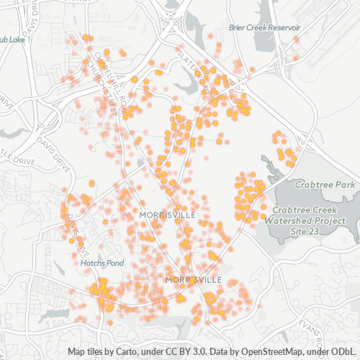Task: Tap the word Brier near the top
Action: (238, 27)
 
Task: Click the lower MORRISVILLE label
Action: (194, 279)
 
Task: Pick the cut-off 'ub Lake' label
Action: (12, 40)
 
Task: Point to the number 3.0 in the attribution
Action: (199, 351)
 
